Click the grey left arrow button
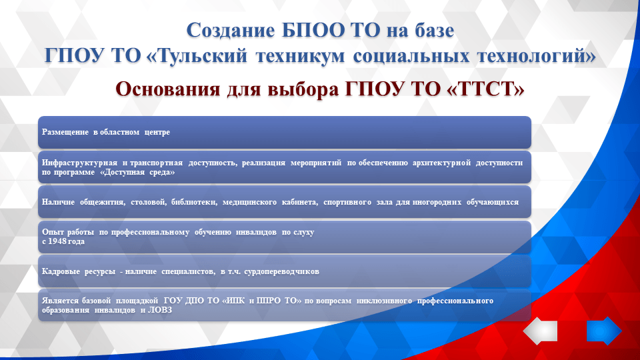click(x=540, y=331)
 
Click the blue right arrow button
click(x=604, y=331)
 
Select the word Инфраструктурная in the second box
click(x=79, y=163)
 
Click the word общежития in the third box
click(x=97, y=201)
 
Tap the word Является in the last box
click(x=59, y=301)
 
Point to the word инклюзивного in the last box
click(x=383, y=301)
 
